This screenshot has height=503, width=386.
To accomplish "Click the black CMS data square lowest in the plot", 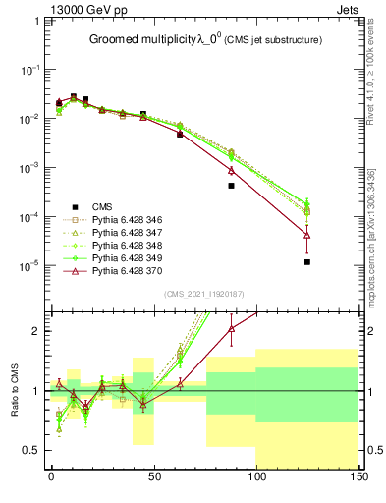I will (307, 262).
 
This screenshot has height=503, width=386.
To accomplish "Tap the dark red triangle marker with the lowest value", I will (307, 236).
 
